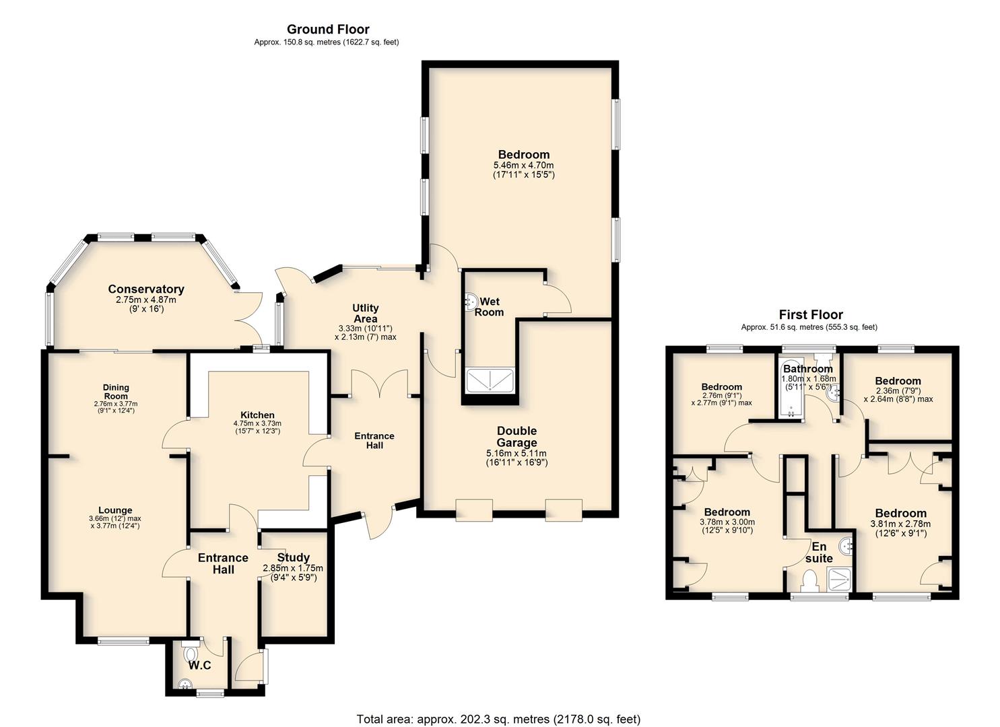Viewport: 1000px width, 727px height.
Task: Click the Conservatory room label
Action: pyautogui.click(x=146, y=289)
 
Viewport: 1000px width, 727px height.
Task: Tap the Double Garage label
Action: pyautogui.click(x=516, y=437)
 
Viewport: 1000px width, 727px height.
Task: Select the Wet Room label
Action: pyautogui.click(x=490, y=307)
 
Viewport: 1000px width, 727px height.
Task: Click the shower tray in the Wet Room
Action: pyautogui.click(x=490, y=381)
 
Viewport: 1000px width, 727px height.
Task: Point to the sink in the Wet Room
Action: pyautogui.click(x=470, y=301)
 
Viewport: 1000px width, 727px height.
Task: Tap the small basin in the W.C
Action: pyautogui.click(x=184, y=684)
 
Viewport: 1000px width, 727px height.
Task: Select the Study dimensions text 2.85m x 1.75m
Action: pyautogui.click(x=293, y=568)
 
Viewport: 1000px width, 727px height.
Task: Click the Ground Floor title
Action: pyautogui.click(x=328, y=30)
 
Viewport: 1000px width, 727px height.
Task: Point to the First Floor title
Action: pyautogui.click(x=811, y=314)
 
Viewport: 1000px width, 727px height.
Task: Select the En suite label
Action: pyautogui.click(x=820, y=553)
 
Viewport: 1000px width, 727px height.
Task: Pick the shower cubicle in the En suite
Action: pyautogui.click(x=840, y=580)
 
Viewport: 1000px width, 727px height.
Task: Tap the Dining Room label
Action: pyautogui.click(x=116, y=391)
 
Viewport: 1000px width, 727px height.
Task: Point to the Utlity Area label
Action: pyautogui.click(x=365, y=313)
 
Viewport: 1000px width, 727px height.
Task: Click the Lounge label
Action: pyautogui.click(x=115, y=510)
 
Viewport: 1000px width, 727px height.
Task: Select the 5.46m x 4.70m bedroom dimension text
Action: pyautogui.click(x=524, y=166)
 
